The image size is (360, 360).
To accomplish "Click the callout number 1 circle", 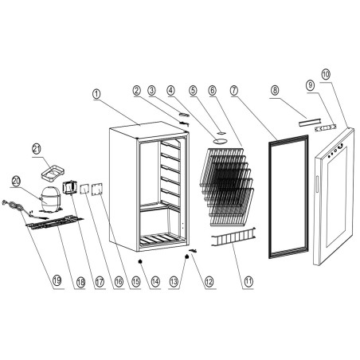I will [x=96, y=93].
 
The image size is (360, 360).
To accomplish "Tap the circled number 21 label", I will [x=36, y=149].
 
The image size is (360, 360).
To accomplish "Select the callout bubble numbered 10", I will [x=325, y=74].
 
